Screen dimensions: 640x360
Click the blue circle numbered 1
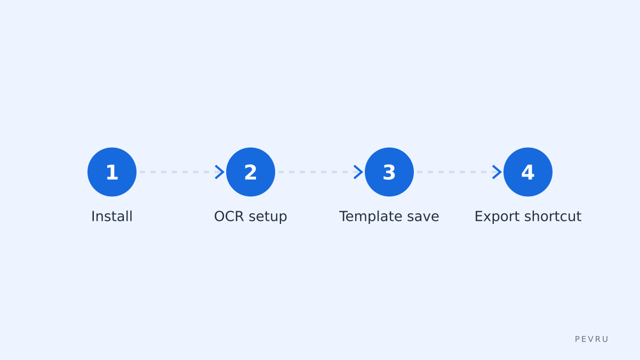[x=112, y=172]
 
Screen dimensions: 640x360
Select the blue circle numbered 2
[x=251, y=172]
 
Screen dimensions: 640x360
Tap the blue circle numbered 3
[x=389, y=172]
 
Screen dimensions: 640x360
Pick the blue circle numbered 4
[x=527, y=172]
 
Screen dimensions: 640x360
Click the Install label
[x=111, y=217]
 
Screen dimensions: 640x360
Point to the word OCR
[x=229, y=217]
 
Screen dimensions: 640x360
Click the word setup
[x=268, y=217]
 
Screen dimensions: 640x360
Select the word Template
[x=371, y=217]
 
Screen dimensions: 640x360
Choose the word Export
[x=497, y=217]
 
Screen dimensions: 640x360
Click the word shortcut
[x=553, y=217]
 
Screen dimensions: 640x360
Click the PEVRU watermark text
[x=591, y=339]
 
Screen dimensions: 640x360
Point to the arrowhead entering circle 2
[x=220, y=172]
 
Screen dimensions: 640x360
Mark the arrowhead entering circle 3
[x=359, y=172]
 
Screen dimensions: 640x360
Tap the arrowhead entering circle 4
[x=498, y=172]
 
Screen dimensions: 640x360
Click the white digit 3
[x=389, y=173]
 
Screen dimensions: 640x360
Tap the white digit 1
[x=112, y=172]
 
